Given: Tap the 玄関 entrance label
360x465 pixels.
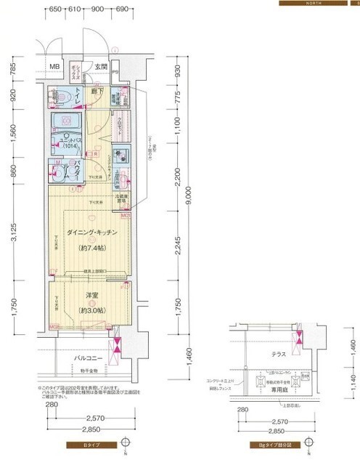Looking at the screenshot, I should pyautogui.click(x=101, y=68).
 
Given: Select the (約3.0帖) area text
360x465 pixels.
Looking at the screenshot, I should pyautogui.click(x=91, y=310).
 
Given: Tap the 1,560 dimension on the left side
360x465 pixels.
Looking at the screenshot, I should pyautogui.click(x=14, y=135).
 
